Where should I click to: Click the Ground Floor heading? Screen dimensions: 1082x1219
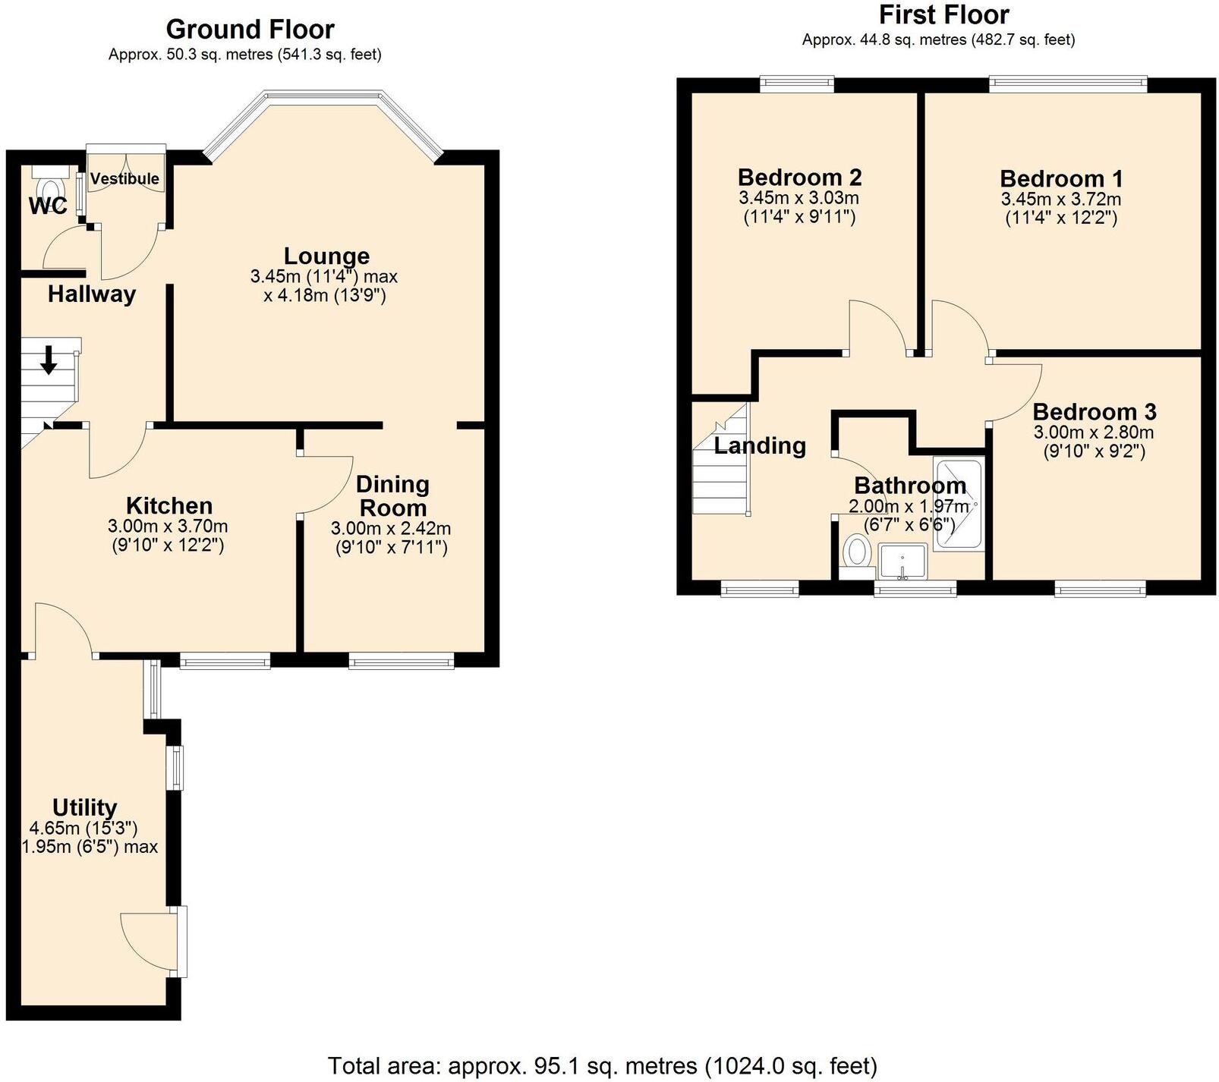coord(250,30)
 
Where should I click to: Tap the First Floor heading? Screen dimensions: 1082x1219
coord(943,15)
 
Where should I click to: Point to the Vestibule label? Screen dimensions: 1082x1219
coord(124,179)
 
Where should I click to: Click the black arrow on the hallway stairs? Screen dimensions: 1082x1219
coord(49,360)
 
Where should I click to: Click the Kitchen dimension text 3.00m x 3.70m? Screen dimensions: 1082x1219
coord(168,527)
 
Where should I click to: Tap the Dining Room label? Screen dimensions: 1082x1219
coord(392,496)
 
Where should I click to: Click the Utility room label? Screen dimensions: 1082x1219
coord(84,807)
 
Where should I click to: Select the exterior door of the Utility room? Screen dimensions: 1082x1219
coord(181,941)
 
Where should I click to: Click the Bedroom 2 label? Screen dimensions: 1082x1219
coord(799,178)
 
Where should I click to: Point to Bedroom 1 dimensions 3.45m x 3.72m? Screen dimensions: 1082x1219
coord(1060,200)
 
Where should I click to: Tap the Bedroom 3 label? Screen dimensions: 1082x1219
coord(1094,412)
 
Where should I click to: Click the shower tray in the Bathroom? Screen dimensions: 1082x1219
coord(958,505)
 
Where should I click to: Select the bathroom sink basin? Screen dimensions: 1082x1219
coord(902,561)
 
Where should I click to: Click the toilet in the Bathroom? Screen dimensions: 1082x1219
coord(857,552)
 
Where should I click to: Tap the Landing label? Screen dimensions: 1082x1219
coord(760,445)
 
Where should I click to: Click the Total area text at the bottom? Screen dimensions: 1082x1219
coord(602,1066)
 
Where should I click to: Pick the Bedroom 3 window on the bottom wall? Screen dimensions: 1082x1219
coord(1100,589)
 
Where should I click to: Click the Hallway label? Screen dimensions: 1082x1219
coord(92,294)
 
